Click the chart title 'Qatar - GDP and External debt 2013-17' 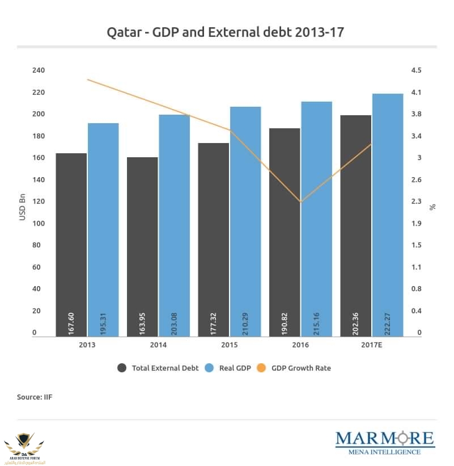(226, 32)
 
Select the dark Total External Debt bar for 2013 (71, 244)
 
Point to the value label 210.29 (245, 321)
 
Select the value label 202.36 (356, 321)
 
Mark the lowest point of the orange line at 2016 (300, 201)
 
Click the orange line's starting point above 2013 (87, 79)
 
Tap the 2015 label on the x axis (230, 345)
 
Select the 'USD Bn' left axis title (23, 207)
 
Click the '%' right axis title (432, 207)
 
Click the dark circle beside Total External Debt (122, 368)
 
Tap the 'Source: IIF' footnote (35, 397)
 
